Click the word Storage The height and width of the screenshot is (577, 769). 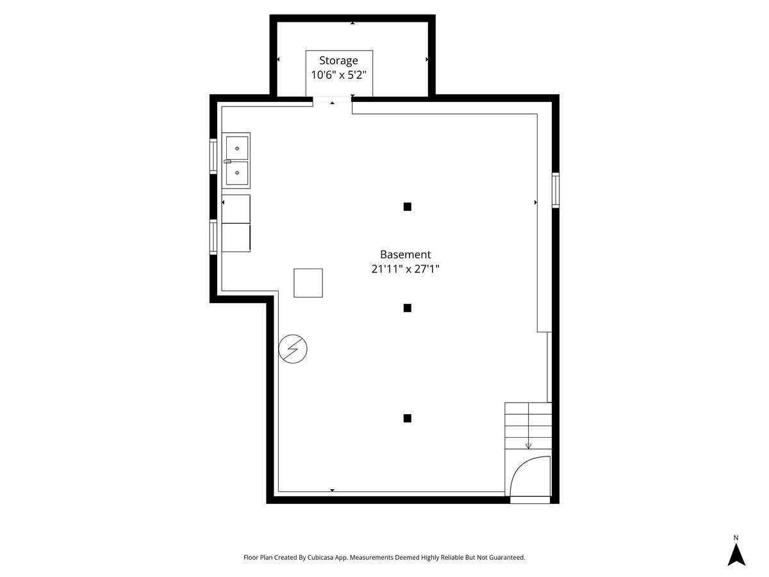(x=338, y=61)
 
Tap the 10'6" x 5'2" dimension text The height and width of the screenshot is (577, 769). (x=338, y=75)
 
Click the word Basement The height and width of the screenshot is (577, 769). (x=406, y=255)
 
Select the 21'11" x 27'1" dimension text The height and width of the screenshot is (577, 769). (x=406, y=269)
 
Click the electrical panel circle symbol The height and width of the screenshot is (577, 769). (x=293, y=349)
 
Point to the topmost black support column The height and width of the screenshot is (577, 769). (x=407, y=206)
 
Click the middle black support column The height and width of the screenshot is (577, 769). (x=407, y=308)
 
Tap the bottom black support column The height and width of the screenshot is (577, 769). (x=407, y=418)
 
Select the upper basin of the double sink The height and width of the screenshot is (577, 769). (x=237, y=148)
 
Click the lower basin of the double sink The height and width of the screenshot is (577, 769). (x=237, y=173)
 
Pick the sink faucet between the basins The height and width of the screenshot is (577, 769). (x=227, y=162)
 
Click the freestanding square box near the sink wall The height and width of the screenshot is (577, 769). (x=308, y=283)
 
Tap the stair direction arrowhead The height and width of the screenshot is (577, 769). (x=528, y=446)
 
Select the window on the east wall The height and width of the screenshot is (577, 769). (x=556, y=190)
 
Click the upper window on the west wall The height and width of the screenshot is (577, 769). (x=213, y=156)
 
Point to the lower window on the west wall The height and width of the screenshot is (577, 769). (x=213, y=237)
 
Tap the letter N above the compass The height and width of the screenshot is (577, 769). (x=736, y=537)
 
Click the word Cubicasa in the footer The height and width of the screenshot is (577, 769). (x=320, y=557)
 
